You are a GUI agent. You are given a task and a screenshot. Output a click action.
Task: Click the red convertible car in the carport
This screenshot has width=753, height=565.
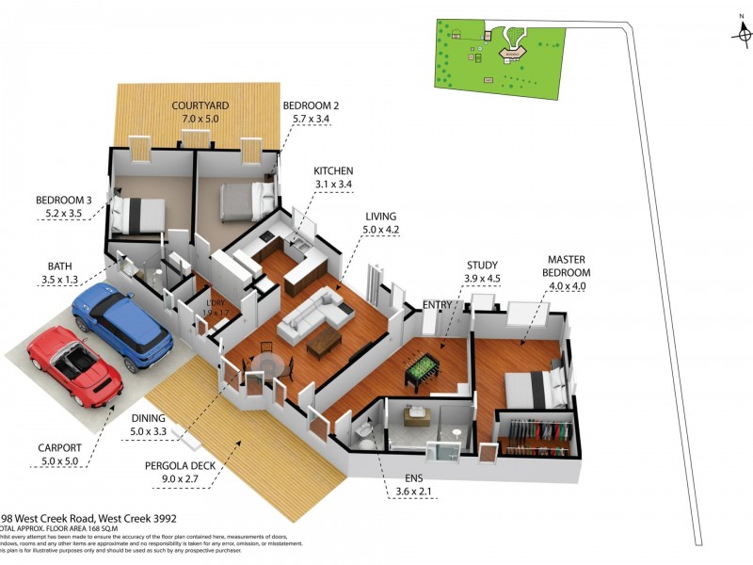[x=75, y=365]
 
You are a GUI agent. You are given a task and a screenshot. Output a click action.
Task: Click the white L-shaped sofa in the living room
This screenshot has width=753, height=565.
[x=312, y=313]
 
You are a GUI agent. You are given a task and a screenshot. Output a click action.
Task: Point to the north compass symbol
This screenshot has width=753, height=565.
[x=742, y=32]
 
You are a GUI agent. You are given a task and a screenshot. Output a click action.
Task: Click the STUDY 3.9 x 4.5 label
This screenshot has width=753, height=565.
[x=481, y=272]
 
